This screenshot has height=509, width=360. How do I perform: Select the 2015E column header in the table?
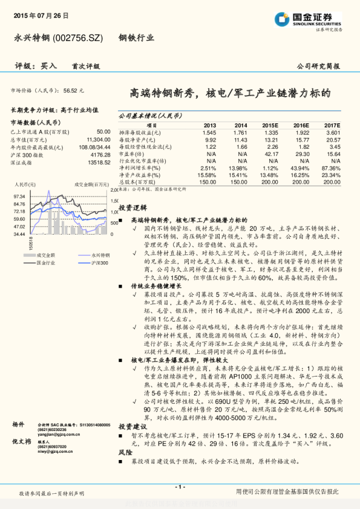tap(270, 125)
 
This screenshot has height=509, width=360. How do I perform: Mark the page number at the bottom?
tap(180, 487)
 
